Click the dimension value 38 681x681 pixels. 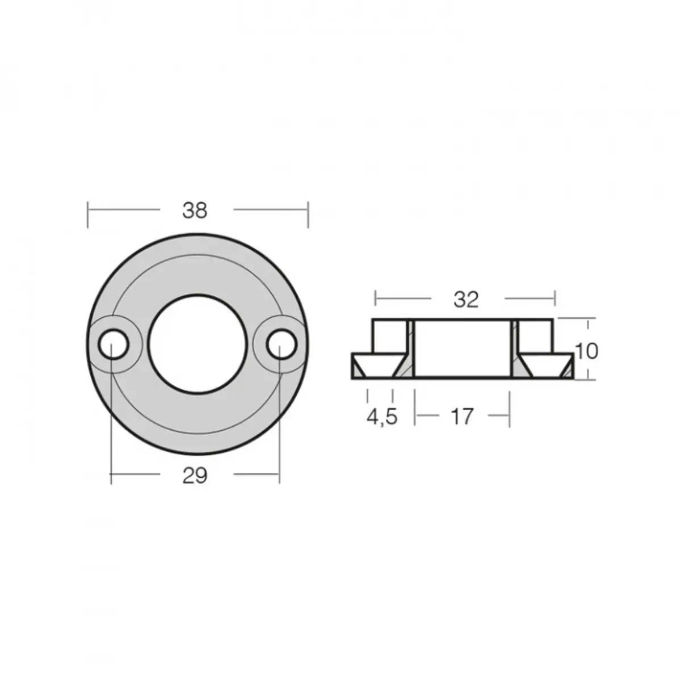coord(195,211)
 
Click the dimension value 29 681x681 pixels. coord(195,476)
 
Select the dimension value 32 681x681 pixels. coord(465,300)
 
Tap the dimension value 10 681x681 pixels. coord(587,351)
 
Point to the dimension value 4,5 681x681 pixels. coord(381,417)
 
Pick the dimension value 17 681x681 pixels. coord(463,417)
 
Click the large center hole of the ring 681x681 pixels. coord(197,343)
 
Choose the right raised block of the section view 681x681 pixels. coord(536,337)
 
